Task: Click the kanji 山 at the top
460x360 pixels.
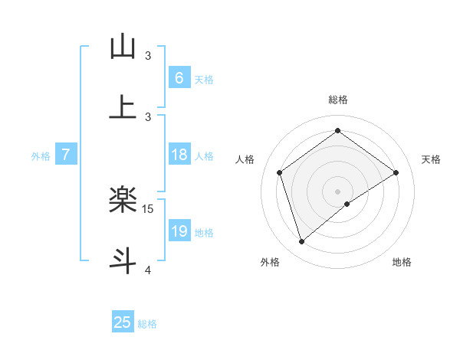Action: [123, 47]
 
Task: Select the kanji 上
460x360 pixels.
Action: [123, 107]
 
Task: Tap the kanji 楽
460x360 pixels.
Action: [123, 201]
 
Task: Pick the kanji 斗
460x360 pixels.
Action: [123, 260]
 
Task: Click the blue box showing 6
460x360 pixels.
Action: [179, 77]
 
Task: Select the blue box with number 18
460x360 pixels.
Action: [179, 155]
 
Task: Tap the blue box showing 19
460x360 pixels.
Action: [179, 231]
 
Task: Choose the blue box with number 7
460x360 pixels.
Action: [66, 155]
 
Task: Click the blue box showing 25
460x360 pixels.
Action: [123, 322]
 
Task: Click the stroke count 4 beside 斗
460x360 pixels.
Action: [148, 270]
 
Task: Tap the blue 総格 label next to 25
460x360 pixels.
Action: [148, 324]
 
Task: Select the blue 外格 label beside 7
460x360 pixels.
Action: [41, 156]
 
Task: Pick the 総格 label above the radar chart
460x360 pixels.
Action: [338, 100]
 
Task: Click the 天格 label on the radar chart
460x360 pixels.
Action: [431, 159]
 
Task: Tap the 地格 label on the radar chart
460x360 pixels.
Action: [402, 262]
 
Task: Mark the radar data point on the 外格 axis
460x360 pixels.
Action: [301, 242]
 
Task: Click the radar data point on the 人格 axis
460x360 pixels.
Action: [280, 172]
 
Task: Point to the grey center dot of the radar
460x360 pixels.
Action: [338, 191]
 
